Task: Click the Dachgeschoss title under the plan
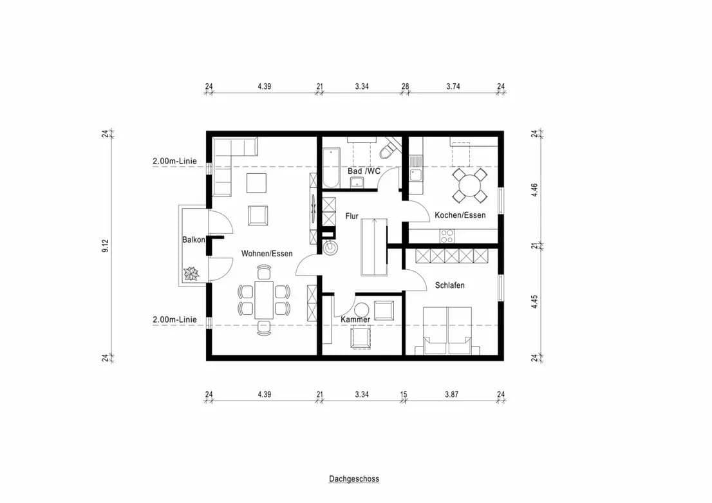click(353, 479)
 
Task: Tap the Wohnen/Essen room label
click(267, 254)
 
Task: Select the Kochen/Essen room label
click(460, 215)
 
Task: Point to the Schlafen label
click(449, 285)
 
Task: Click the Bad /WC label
click(364, 171)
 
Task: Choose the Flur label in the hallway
click(351, 216)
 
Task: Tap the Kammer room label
click(355, 319)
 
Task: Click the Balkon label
click(193, 240)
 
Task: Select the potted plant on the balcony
click(192, 274)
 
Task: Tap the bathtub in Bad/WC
click(332, 167)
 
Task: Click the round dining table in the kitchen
click(469, 186)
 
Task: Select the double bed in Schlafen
click(447, 330)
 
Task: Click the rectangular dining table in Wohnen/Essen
click(263, 300)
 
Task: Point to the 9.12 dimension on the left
click(105, 245)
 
